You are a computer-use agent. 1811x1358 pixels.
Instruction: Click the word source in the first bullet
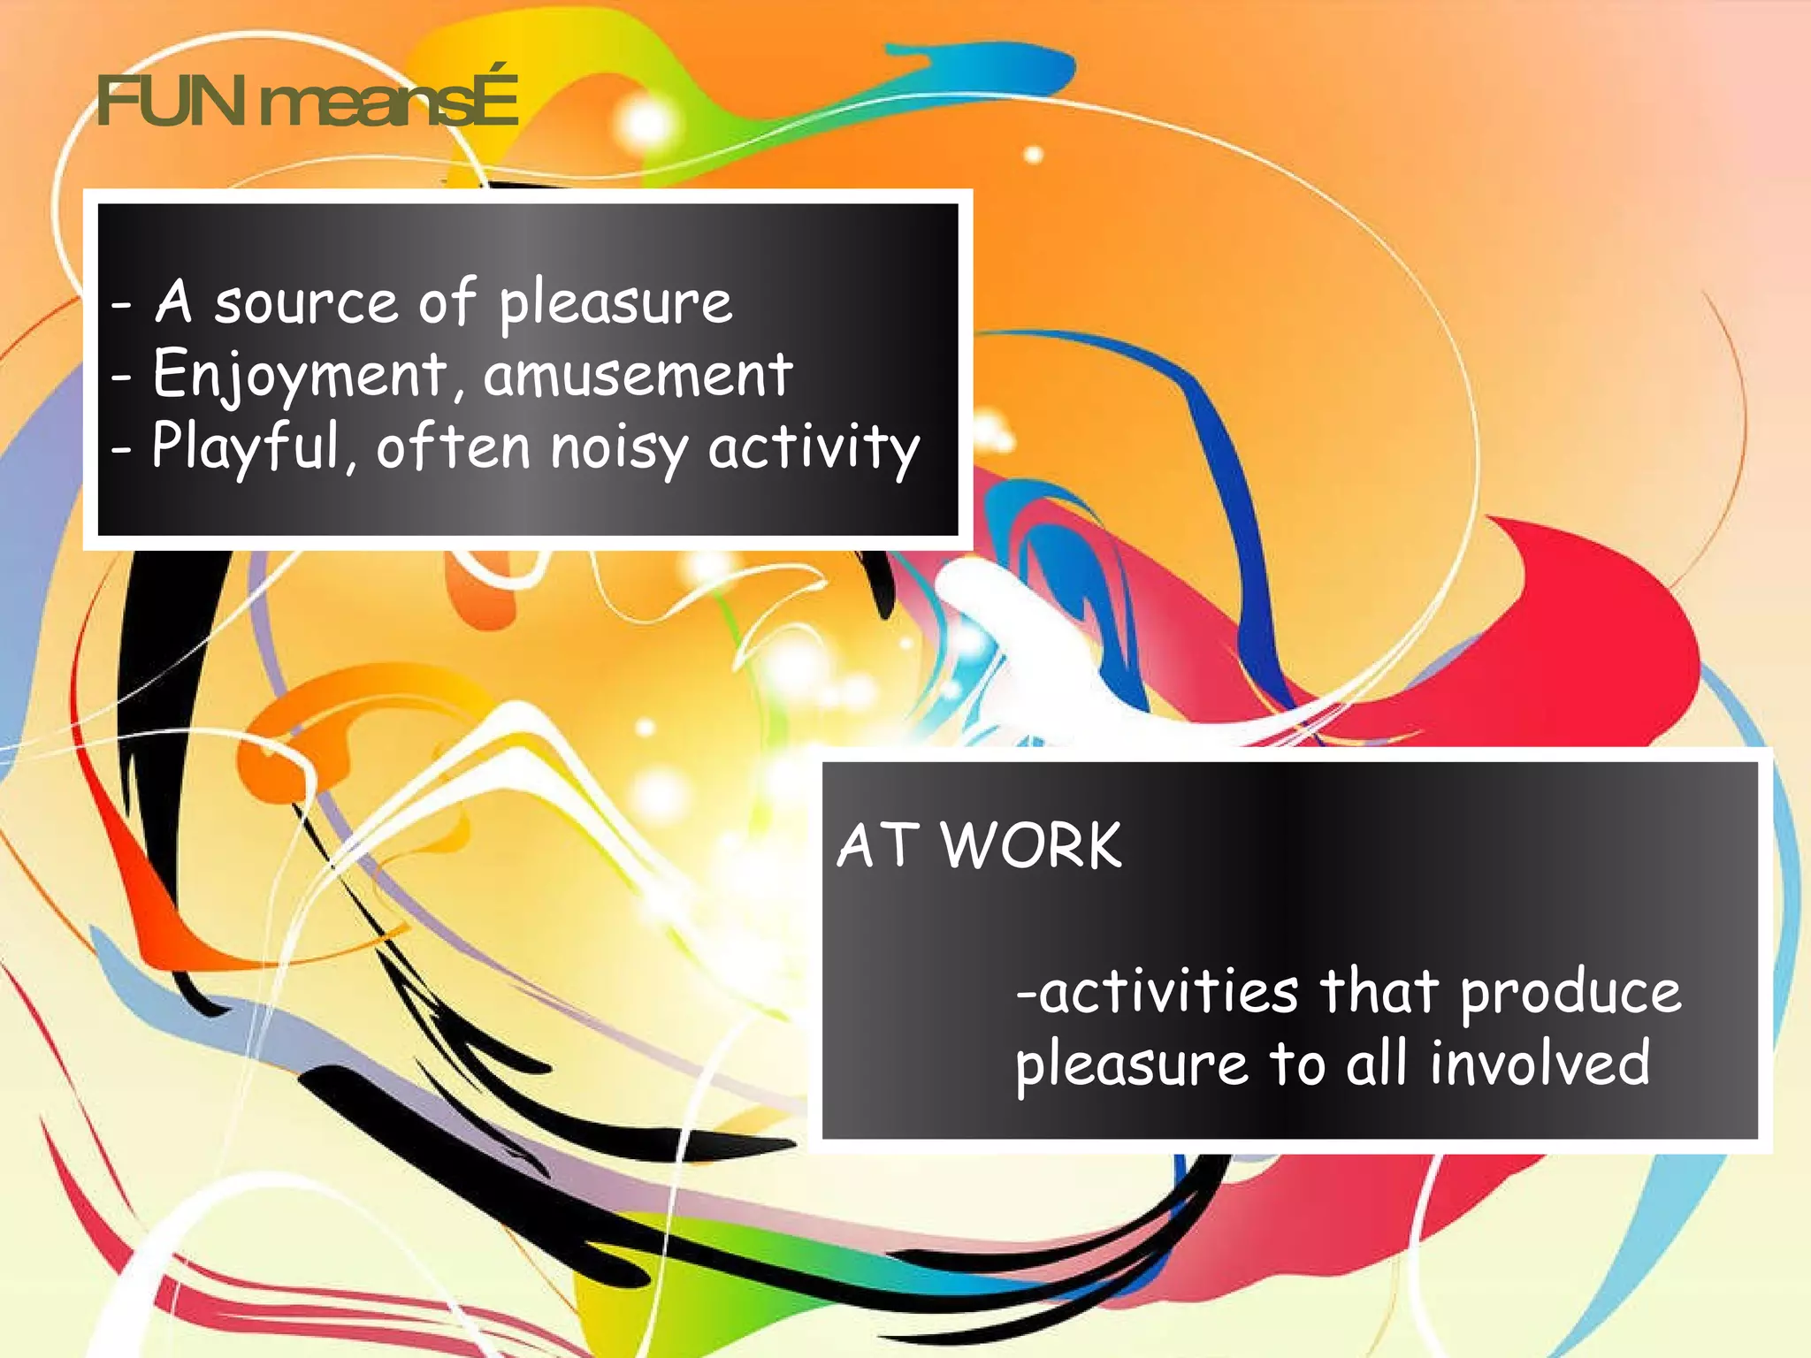[306, 302]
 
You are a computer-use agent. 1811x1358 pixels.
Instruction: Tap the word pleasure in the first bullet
[615, 304]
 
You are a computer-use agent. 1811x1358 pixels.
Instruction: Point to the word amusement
[638, 375]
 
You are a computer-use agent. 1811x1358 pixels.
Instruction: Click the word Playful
[246, 447]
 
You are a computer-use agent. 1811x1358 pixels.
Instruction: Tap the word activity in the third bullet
[814, 447]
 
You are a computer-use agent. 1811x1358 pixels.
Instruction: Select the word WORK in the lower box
[1031, 846]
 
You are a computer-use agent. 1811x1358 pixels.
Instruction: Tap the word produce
[1570, 993]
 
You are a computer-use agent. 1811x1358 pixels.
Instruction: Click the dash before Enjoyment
[122, 377]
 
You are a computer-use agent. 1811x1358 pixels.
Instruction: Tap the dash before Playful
[122, 449]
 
